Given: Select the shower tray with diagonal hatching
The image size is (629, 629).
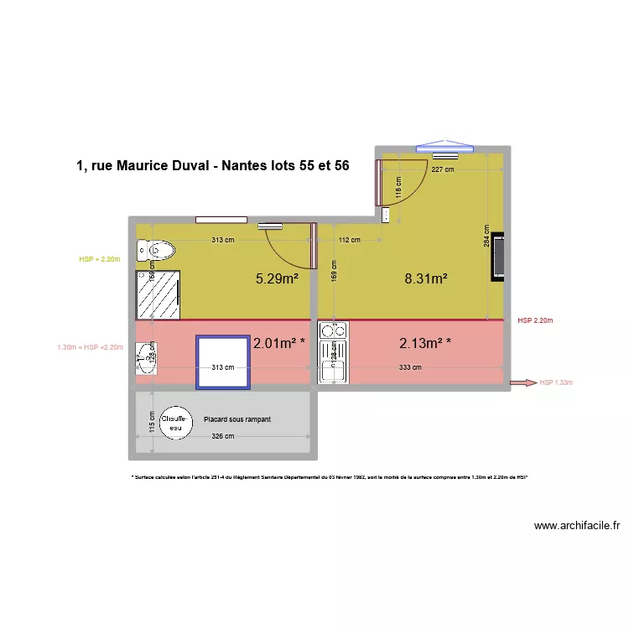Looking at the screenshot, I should coord(159,294).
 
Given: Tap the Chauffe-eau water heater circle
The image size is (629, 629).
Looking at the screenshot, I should coord(175,423).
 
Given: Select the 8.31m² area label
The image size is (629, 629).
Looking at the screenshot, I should coord(425,279).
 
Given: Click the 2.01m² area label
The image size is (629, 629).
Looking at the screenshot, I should coord(278,342).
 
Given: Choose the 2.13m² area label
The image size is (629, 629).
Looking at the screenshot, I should coord(425,342).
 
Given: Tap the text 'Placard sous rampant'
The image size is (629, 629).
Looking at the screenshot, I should coord(237,419).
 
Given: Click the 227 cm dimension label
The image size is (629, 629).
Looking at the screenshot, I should coord(443,169).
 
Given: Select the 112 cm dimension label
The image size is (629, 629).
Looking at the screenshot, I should coord(349,240).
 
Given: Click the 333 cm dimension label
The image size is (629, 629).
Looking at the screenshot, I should coord(410,366).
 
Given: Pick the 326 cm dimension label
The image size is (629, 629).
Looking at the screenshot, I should coord(222,436).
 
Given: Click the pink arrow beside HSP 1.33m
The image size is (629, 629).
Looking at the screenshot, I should coord(524,382).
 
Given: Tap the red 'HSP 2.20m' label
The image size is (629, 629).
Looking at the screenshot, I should coord(535,320).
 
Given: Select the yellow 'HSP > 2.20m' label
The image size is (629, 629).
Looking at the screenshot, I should coord(100,260).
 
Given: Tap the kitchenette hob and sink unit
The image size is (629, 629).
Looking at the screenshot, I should coord(332,352).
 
